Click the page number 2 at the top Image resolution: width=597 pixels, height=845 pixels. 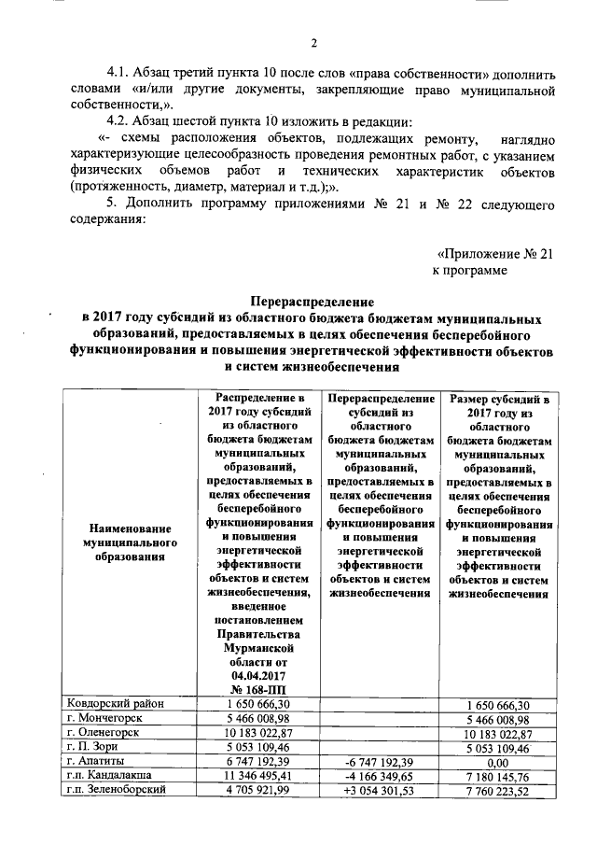click(314, 42)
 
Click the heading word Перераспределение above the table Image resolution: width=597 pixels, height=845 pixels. click(311, 302)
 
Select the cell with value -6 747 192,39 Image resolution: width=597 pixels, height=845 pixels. click(379, 763)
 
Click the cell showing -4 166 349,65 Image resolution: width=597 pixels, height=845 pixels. click(379, 777)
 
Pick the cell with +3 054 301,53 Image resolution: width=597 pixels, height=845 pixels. click(379, 791)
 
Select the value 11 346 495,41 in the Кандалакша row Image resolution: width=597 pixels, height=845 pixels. click(257, 777)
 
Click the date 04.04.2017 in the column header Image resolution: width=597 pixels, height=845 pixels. click(257, 674)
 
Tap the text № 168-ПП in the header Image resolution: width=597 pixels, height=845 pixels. click(257, 689)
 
